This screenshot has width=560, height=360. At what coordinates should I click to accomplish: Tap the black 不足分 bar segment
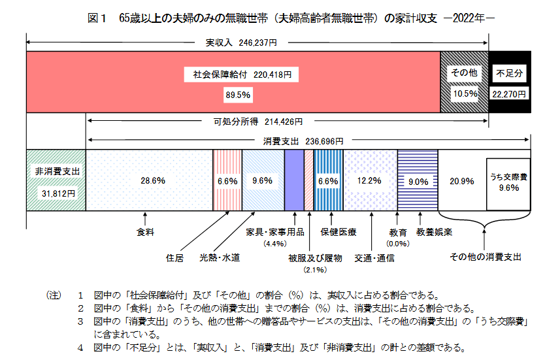[510, 83]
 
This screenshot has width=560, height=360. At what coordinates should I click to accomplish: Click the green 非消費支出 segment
[56, 180]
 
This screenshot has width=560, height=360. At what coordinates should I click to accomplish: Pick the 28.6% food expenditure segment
[150, 180]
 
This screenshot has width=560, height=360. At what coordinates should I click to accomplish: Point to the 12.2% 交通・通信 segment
[370, 180]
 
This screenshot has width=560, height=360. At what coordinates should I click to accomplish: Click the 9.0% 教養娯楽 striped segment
[418, 180]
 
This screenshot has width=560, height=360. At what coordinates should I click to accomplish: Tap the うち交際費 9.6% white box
[508, 181]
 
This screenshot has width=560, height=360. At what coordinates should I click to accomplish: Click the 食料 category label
[145, 232]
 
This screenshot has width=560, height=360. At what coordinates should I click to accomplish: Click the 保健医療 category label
[338, 232]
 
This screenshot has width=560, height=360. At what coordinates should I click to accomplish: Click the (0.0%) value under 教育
[398, 244]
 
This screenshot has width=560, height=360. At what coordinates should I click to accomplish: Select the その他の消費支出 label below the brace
[486, 257]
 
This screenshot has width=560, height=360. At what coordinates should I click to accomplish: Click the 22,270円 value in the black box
[510, 94]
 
